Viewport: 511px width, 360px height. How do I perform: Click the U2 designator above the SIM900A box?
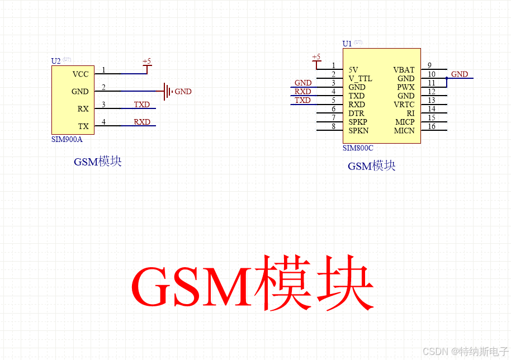click(55, 60)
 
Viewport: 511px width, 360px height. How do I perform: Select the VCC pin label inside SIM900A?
click(81, 74)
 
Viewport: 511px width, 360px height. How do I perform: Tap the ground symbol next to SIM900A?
click(167, 91)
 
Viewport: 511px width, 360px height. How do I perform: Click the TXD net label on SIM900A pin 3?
click(141, 105)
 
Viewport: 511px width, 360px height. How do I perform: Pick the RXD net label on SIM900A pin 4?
click(141, 122)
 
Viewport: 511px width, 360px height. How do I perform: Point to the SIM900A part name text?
click(67, 140)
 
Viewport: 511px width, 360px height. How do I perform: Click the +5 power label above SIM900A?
click(146, 61)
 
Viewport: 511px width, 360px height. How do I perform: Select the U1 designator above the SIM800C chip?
click(347, 44)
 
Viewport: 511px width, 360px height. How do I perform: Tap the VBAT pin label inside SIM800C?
click(404, 70)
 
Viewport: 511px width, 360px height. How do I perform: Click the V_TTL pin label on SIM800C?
click(360, 79)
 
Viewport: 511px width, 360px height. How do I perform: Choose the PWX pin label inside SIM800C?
click(406, 87)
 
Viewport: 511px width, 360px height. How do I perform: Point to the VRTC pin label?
click(404, 105)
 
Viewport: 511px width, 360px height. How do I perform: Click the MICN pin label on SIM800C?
click(404, 131)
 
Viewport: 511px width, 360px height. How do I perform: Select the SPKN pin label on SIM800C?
click(358, 131)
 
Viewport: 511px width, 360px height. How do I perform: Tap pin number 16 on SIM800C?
click(432, 126)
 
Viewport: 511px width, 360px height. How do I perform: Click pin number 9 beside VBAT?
click(429, 65)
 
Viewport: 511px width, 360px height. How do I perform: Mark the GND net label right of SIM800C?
click(460, 74)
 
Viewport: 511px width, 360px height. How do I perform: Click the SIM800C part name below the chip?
click(358, 148)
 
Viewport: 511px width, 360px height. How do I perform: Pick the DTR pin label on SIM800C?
click(356, 113)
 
